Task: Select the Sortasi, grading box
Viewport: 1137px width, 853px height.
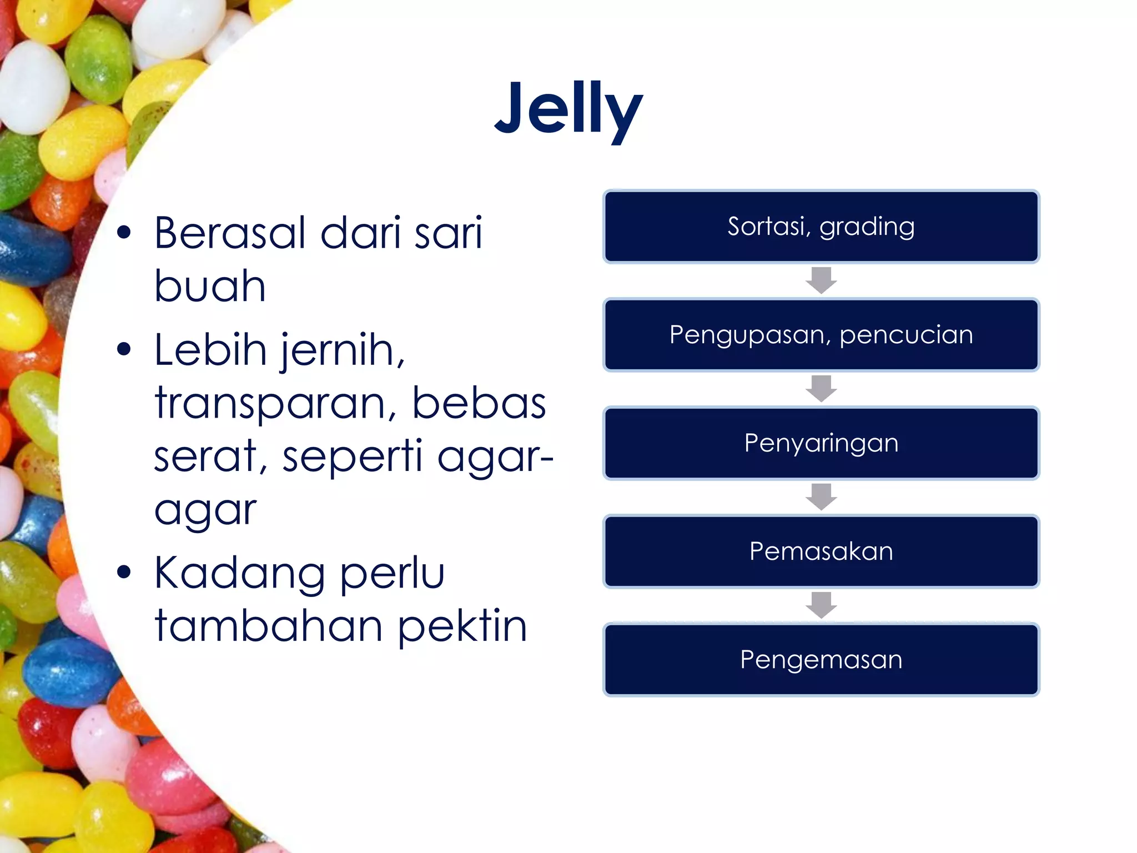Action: point(821,227)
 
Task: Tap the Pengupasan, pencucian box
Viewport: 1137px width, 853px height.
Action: point(821,335)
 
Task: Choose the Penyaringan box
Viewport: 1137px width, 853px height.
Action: point(821,443)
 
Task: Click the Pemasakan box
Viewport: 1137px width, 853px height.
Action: point(821,551)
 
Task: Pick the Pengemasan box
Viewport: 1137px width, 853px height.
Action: point(821,660)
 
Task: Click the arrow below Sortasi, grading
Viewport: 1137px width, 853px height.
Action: point(821,280)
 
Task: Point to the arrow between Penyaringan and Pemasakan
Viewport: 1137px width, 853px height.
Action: point(821,496)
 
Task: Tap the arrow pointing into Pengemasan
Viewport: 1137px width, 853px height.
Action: point(821,605)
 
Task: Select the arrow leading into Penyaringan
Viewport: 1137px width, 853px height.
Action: point(821,388)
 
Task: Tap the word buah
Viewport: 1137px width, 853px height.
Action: point(210,286)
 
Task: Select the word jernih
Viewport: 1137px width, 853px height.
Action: point(341,351)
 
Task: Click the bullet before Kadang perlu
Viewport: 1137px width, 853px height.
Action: point(124,573)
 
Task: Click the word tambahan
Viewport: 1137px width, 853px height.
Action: point(269,626)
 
